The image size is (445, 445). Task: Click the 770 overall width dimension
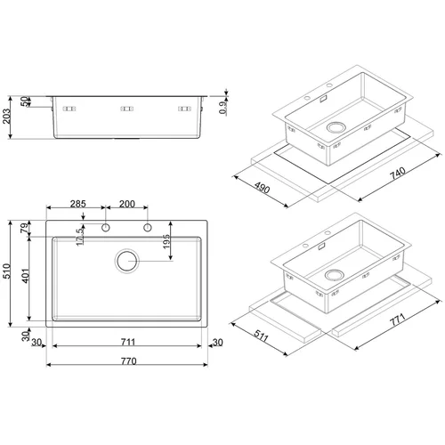point(129,361)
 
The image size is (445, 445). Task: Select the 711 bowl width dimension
point(128,342)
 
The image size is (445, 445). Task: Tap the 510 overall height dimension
point(6,271)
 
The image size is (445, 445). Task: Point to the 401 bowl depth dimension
point(26,276)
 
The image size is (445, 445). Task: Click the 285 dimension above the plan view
point(78,204)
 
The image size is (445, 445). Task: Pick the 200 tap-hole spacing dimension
point(127,204)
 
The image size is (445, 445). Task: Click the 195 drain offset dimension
point(166,241)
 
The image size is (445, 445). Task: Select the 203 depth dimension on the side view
point(6,117)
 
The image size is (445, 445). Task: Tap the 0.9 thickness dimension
point(223,108)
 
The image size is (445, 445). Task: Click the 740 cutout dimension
point(398,174)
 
